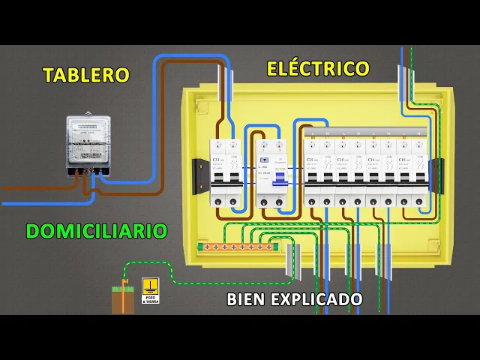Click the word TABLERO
point(86,75)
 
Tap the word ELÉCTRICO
point(318,69)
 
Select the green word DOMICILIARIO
point(95,231)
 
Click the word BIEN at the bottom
point(246,300)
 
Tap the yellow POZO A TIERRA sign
point(150,291)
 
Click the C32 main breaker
point(225,172)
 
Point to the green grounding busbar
point(235,246)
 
